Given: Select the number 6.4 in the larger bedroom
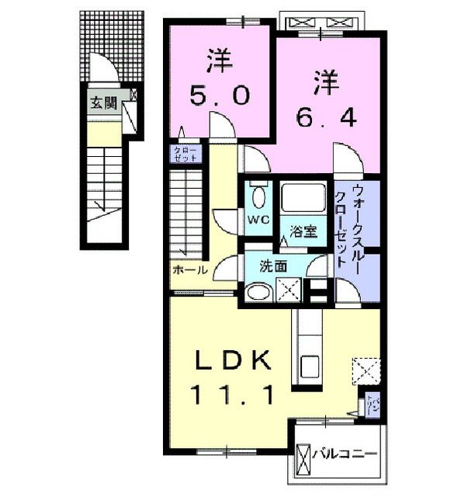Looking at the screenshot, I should pyautogui.click(x=327, y=116).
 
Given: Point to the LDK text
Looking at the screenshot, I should pyautogui.click(x=234, y=361).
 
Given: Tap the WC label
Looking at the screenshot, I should pyautogui.click(x=258, y=220).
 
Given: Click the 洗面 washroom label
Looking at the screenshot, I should pyautogui.click(x=274, y=266).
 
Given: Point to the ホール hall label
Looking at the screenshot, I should pyautogui.click(x=190, y=270).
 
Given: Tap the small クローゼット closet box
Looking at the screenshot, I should pyautogui.click(x=185, y=153).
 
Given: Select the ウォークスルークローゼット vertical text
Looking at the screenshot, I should pyautogui.click(x=345, y=225).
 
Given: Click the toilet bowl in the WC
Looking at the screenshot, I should pyautogui.click(x=259, y=195).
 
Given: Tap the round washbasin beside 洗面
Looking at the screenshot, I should pyautogui.click(x=257, y=293).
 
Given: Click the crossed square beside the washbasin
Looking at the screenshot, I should pyautogui.click(x=288, y=291).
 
